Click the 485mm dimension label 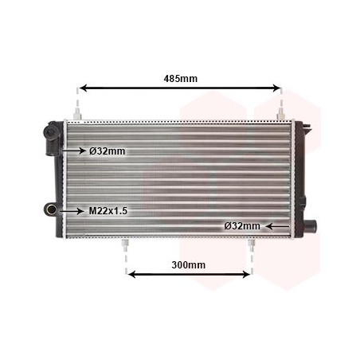tap(179, 78)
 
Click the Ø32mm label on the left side tap(108, 151)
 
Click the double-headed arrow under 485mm tap(179, 88)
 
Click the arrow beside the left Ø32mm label tap(73, 151)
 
